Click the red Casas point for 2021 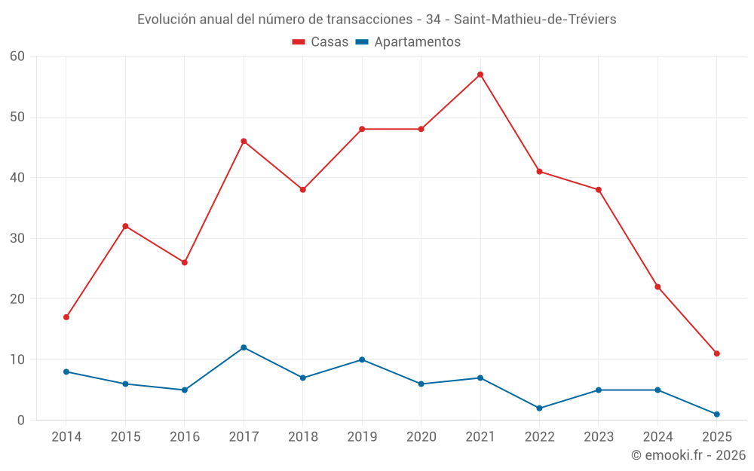click(x=480, y=75)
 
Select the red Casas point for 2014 click(x=66, y=317)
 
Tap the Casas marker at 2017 click(x=244, y=141)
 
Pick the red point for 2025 click(x=716, y=353)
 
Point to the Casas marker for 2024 click(x=657, y=286)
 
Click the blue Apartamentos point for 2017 click(x=244, y=347)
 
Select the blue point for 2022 click(x=539, y=408)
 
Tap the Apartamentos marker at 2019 click(x=362, y=359)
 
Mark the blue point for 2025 click(x=716, y=414)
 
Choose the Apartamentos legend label click(x=417, y=42)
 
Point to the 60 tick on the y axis click(x=17, y=56)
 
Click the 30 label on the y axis click(x=17, y=238)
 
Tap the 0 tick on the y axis click(x=21, y=421)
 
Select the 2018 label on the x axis click(x=302, y=436)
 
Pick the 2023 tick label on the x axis click(x=599, y=436)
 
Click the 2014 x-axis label click(x=66, y=436)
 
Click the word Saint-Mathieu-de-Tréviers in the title click(x=535, y=20)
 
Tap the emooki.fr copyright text click(x=688, y=455)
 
